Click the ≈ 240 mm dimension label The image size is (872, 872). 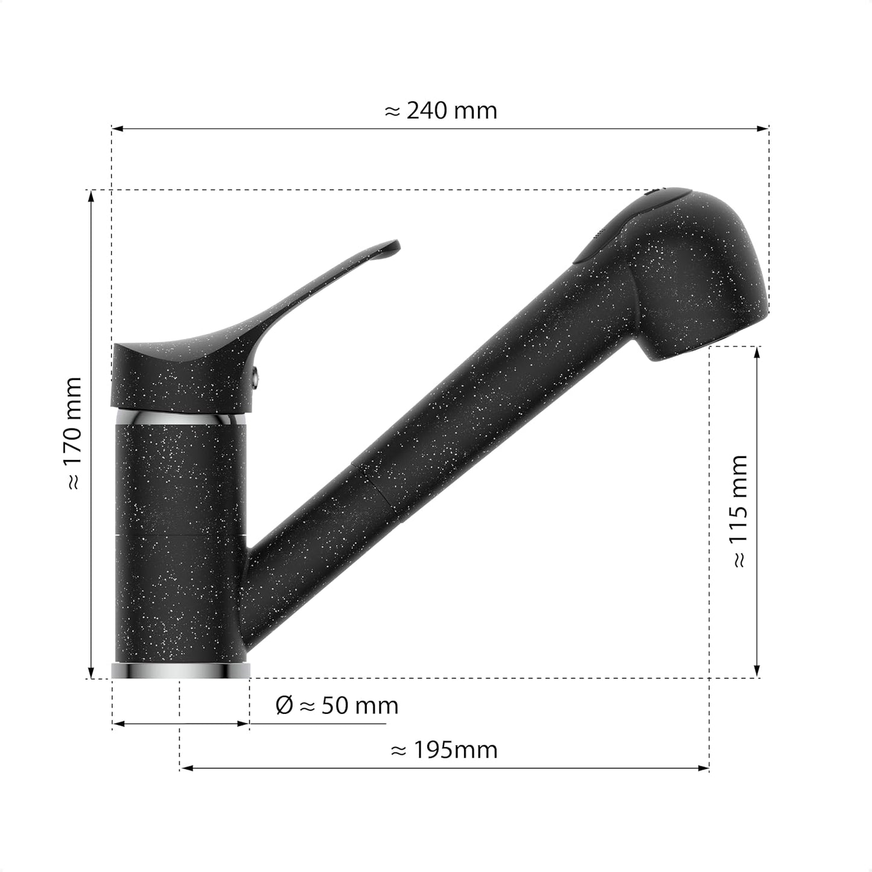(441, 110)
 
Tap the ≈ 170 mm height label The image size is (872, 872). (72, 433)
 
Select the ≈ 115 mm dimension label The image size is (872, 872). (738, 511)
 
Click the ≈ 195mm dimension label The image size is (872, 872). (444, 750)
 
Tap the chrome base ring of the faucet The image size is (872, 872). (180, 670)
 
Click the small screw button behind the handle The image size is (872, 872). (256, 377)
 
